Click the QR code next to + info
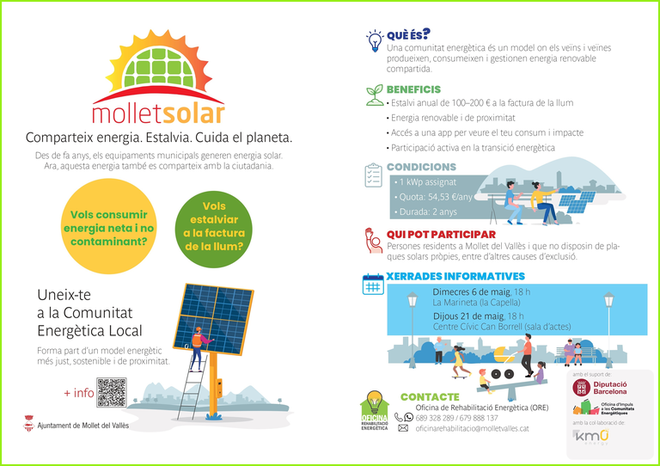click(112, 392)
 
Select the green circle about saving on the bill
click(214, 225)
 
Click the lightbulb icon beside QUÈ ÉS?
click(374, 40)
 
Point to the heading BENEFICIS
click(413, 89)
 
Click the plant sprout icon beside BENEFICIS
click(374, 94)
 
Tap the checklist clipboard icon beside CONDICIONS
click(374, 175)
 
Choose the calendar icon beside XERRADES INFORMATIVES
click(373, 285)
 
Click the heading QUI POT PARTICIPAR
click(441, 234)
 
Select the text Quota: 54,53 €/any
click(435, 197)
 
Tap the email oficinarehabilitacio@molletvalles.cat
click(472, 428)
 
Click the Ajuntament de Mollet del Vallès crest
click(29, 425)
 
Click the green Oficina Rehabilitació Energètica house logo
click(374, 411)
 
